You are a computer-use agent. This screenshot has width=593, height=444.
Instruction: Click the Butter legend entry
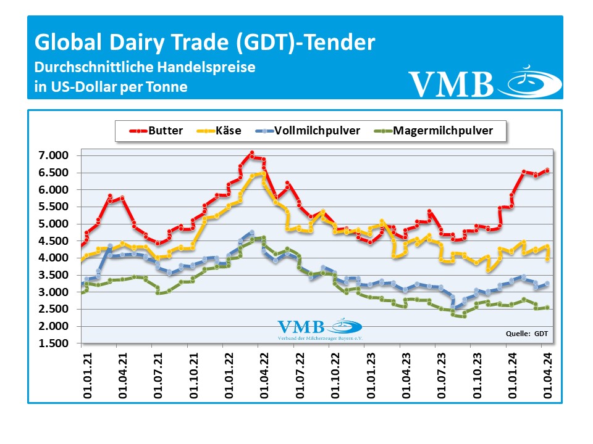(x=156, y=131)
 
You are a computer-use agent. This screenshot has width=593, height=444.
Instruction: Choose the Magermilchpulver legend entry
(x=432, y=131)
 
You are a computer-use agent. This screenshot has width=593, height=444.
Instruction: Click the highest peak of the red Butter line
(x=251, y=152)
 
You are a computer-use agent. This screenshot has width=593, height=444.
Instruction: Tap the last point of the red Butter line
(x=547, y=171)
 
